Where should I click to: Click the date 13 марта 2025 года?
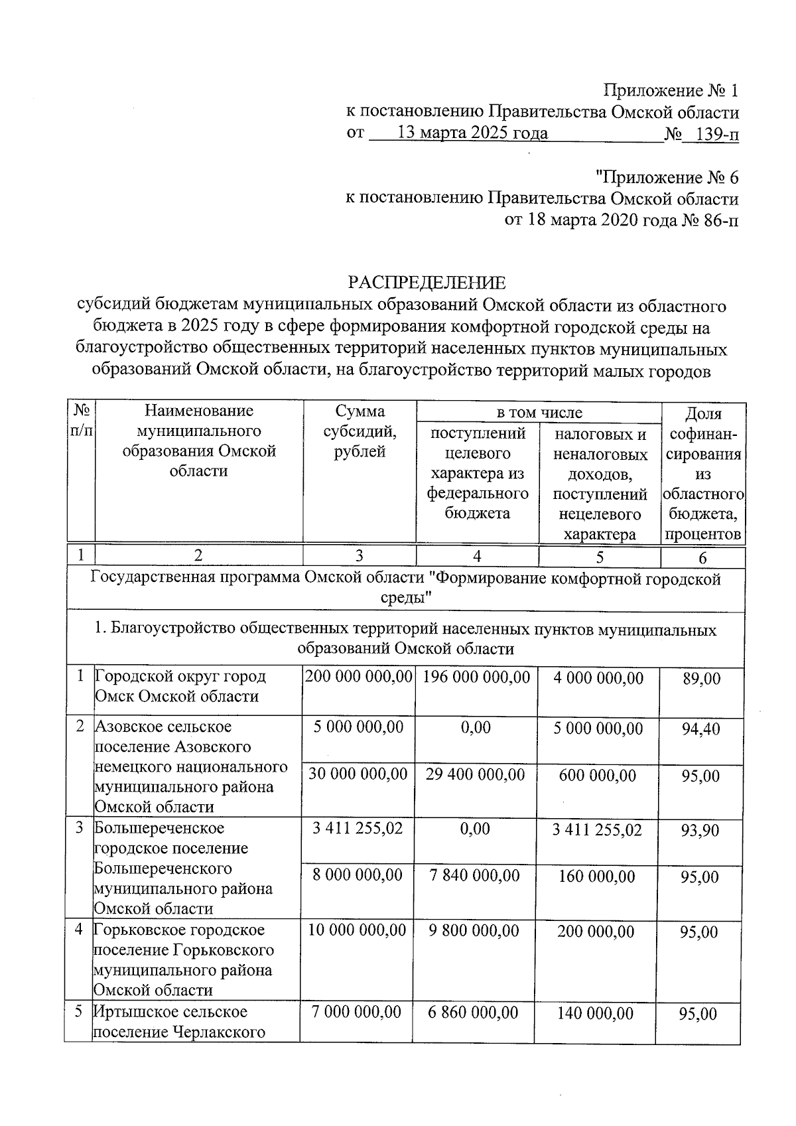coord(472,133)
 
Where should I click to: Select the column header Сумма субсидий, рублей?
coord(360,432)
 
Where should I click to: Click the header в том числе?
coord(539,413)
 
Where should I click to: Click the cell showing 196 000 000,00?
coord(476,677)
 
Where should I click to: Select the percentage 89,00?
coord(701,679)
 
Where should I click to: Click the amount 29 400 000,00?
coord(475,774)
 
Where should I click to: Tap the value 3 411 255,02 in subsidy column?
coord(358,829)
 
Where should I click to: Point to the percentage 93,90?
coord(700,831)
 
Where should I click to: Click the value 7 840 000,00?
coord(474,875)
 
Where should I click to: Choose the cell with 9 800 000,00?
coord(474,931)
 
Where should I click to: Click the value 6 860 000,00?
coord(474,1013)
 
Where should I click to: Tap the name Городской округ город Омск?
coord(180,686)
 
